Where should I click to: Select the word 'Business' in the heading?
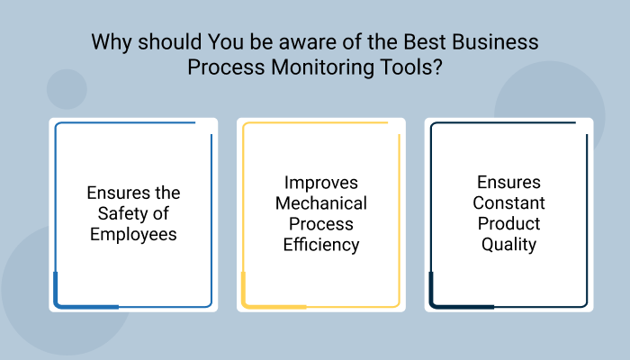[x=492, y=43]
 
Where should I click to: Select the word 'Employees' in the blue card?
[x=133, y=234]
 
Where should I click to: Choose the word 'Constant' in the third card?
[x=509, y=203]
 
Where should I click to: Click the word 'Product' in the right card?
[x=509, y=223]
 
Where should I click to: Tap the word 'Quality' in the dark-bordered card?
[x=509, y=244]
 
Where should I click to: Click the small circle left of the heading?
[x=66, y=89]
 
